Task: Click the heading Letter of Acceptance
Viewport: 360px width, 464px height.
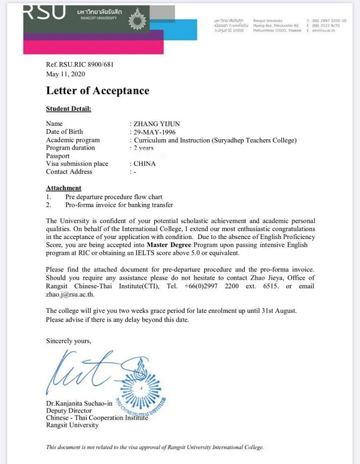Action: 98,91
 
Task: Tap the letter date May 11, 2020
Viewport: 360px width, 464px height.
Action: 65,74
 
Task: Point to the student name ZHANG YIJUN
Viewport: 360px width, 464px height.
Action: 157,124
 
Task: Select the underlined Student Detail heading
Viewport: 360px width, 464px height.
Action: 68,109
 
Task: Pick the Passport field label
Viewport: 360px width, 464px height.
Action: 58,155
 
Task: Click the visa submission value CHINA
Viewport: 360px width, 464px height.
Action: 145,163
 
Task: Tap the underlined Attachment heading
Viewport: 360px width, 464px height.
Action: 64,188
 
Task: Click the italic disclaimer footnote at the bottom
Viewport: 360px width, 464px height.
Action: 155,447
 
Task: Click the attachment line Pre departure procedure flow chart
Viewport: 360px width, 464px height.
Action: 114,197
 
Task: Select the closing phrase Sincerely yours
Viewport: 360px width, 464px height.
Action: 69,341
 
